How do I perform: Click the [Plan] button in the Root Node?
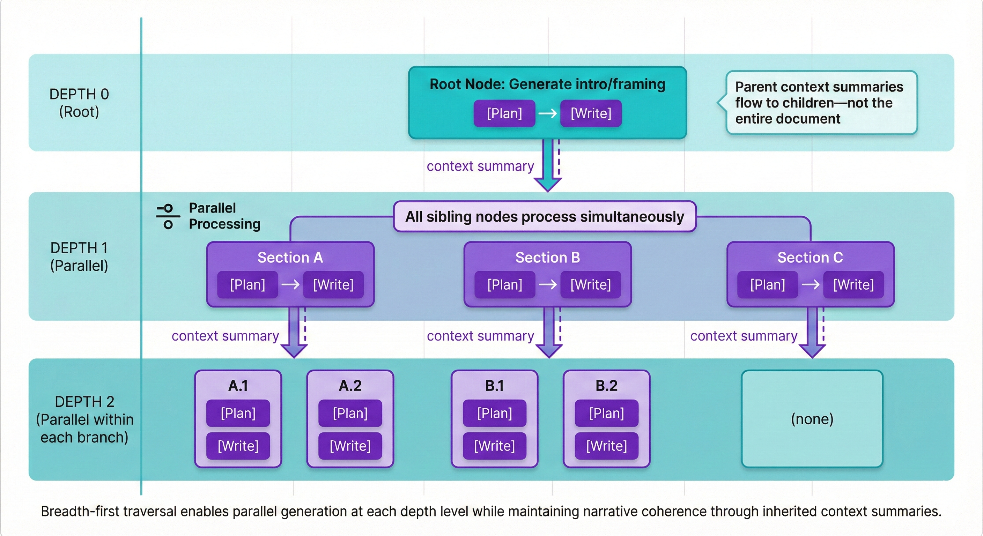(x=504, y=113)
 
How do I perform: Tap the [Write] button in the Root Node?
(x=591, y=113)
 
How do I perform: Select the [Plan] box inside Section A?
(x=247, y=285)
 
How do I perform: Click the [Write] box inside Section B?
(x=590, y=285)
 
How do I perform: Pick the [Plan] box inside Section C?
(x=767, y=285)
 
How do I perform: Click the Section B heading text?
(x=547, y=258)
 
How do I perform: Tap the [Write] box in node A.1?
(x=238, y=446)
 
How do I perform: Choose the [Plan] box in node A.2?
(x=350, y=413)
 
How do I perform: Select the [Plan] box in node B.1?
(x=494, y=413)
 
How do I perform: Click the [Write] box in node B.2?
(x=606, y=446)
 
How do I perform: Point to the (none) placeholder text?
(x=812, y=419)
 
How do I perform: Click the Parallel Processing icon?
(x=168, y=216)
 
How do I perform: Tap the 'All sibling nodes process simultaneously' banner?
(x=545, y=217)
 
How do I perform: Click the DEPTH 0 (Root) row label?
(x=79, y=103)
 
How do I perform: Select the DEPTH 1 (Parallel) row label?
(x=79, y=257)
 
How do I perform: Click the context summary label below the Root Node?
(x=480, y=166)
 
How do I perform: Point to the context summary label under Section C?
(x=743, y=336)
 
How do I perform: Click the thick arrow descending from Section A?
(x=294, y=332)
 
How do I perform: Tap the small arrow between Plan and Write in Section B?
(x=548, y=285)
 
